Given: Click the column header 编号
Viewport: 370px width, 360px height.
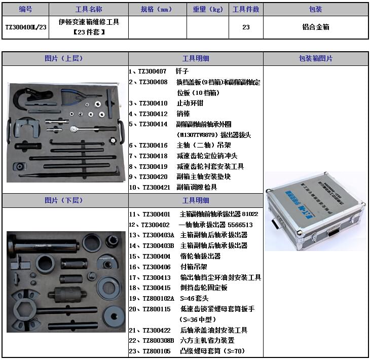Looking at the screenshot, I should [25, 9].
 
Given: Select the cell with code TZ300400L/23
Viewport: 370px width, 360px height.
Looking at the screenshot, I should [25, 27].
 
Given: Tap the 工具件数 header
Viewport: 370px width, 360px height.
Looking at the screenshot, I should [246, 9].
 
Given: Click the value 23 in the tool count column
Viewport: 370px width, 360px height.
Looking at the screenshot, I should [246, 27].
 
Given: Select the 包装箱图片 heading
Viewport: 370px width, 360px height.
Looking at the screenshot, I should [316, 58].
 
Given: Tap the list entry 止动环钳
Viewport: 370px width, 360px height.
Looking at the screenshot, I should [190, 103].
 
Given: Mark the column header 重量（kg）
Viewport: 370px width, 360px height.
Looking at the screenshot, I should [208, 9].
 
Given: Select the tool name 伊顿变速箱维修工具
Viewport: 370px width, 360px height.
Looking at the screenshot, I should [89, 22].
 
